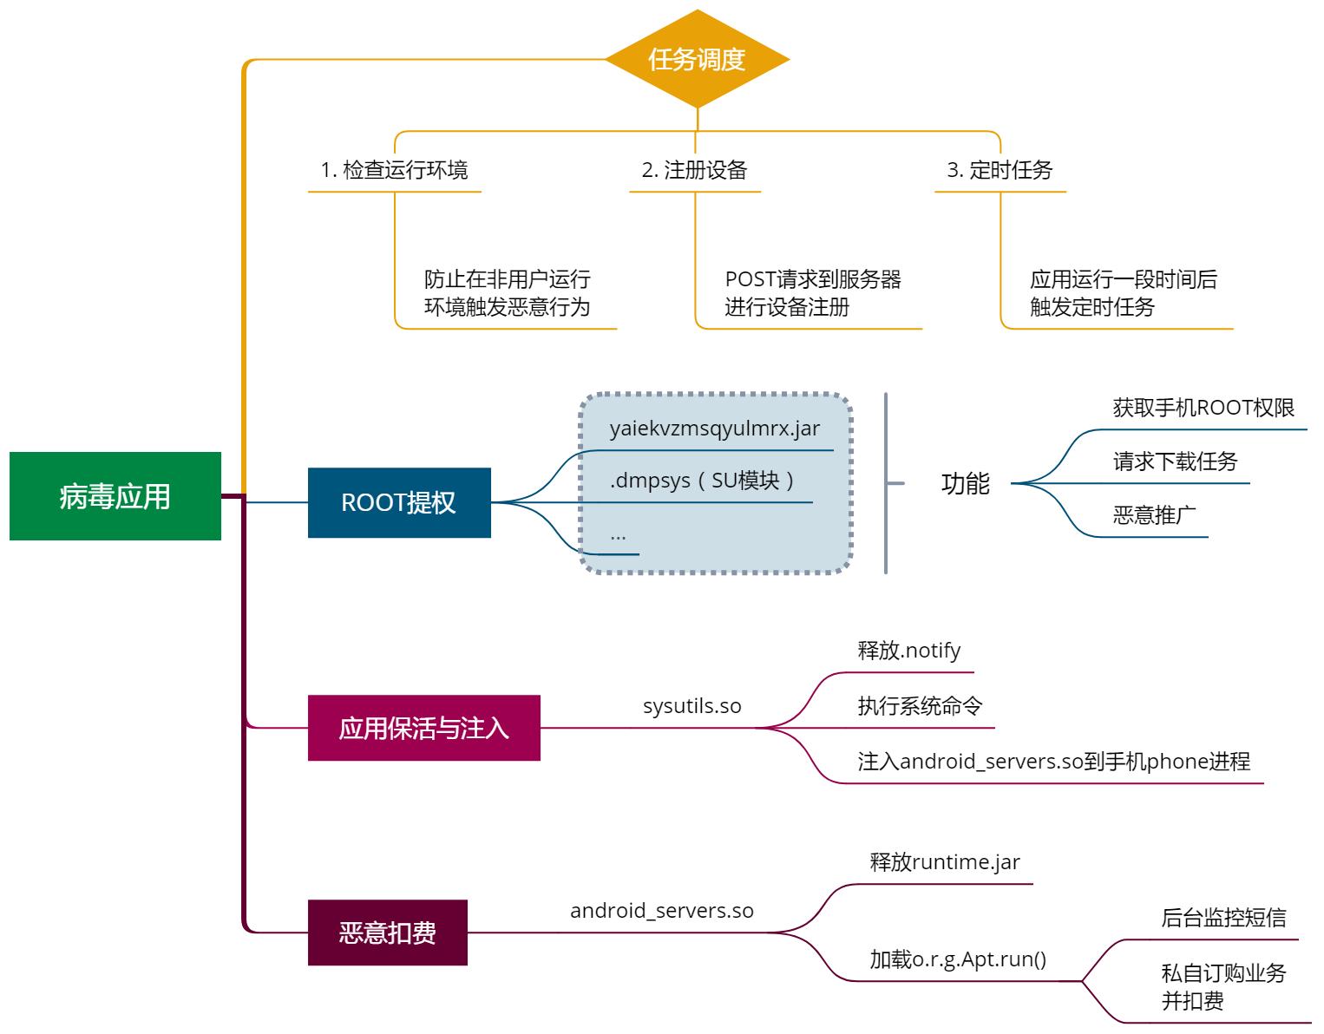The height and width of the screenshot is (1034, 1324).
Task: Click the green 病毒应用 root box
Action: (115, 496)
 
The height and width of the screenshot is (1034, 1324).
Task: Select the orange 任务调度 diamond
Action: (697, 59)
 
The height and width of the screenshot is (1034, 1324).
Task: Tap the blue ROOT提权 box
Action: (398, 502)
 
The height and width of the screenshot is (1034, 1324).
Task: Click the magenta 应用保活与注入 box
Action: (423, 728)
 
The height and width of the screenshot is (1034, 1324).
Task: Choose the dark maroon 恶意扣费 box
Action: (387, 933)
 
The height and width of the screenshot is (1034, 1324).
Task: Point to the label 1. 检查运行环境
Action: (394, 170)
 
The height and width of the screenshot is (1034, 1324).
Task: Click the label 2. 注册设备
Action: (694, 170)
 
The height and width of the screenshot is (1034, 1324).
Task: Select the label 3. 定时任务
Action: (1000, 170)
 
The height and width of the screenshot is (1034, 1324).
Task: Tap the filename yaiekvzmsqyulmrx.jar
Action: (714, 429)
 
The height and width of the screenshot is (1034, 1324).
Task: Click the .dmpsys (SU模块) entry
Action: (703, 481)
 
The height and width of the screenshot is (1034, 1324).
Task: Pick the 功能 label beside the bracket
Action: (965, 483)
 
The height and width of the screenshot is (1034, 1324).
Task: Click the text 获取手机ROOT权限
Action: (1203, 408)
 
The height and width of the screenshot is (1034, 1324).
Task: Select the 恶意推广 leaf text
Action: (1154, 515)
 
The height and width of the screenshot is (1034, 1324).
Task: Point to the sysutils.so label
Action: (691, 706)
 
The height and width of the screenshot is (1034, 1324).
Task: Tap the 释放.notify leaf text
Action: (908, 651)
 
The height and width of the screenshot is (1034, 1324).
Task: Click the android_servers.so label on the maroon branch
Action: (661, 911)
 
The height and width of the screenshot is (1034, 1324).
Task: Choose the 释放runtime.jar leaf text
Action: (945, 862)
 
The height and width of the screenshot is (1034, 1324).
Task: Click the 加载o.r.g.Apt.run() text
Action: (958, 959)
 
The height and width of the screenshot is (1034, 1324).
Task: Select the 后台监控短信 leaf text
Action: (1223, 918)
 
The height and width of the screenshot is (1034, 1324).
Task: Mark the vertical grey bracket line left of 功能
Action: (886, 483)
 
